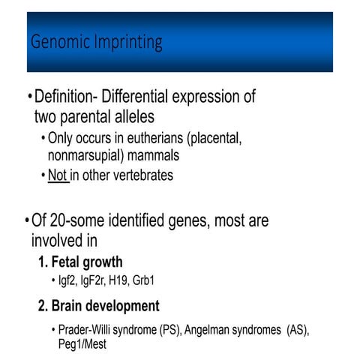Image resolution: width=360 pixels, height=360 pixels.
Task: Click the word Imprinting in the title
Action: tap(124, 43)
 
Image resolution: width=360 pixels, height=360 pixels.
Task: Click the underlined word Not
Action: tap(57, 175)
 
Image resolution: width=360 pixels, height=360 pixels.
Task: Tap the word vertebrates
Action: tap(139, 175)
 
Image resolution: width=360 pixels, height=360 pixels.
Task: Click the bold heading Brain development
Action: tap(106, 306)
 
